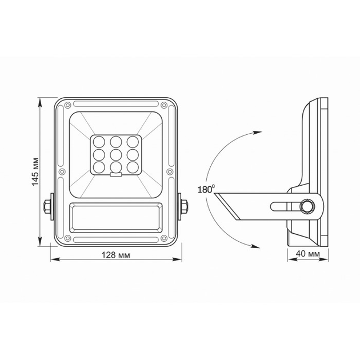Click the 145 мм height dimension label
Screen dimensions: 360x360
pyautogui.click(x=35, y=172)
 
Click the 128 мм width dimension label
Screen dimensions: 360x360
pyautogui.click(x=116, y=255)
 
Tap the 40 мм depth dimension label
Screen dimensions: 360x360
pyautogui.click(x=307, y=254)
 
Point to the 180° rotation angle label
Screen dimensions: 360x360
pyautogui.click(x=206, y=189)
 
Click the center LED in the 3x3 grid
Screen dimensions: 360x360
pyautogui.click(x=115, y=155)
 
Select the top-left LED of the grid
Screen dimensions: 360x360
pyautogui.click(x=99, y=142)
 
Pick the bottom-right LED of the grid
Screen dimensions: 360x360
pyautogui.click(x=133, y=167)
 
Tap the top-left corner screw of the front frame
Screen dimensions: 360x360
pyautogui.click(x=67, y=105)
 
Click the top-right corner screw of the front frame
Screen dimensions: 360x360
pyautogui.click(x=164, y=105)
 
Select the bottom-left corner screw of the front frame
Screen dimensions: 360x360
pyautogui.click(x=67, y=238)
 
